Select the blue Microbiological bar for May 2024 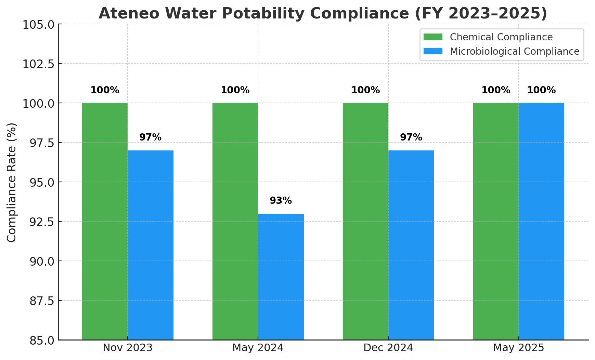pos(281,277)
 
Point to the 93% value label pos(281,201)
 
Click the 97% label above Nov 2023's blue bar pos(150,137)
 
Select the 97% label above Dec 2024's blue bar pos(411,137)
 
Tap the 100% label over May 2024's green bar pos(235,91)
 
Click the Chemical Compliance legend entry pos(501,37)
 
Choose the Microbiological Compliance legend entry pos(514,51)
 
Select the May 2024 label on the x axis pos(258,348)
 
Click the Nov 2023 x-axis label pos(128,348)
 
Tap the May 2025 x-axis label pos(518,348)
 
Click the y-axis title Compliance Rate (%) pos(12,182)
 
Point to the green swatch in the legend pos(433,37)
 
